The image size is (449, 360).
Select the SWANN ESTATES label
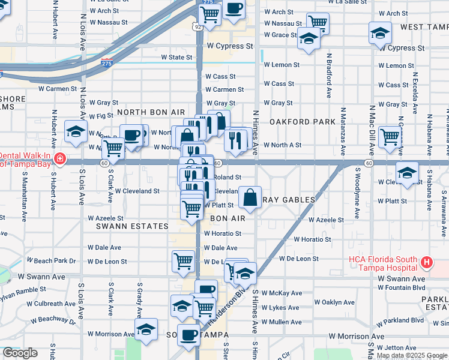[x=132, y=226]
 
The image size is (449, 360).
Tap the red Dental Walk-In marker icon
[x=59, y=159]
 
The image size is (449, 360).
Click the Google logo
[x=20, y=353]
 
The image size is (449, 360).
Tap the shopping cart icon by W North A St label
[x=390, y=136]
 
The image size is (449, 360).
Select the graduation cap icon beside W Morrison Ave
[x=146, y=329]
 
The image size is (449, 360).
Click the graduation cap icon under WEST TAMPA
[x=380, y=32]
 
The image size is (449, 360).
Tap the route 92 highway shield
[x=197, y=27]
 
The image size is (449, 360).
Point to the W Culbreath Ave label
[x=56, y=304]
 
